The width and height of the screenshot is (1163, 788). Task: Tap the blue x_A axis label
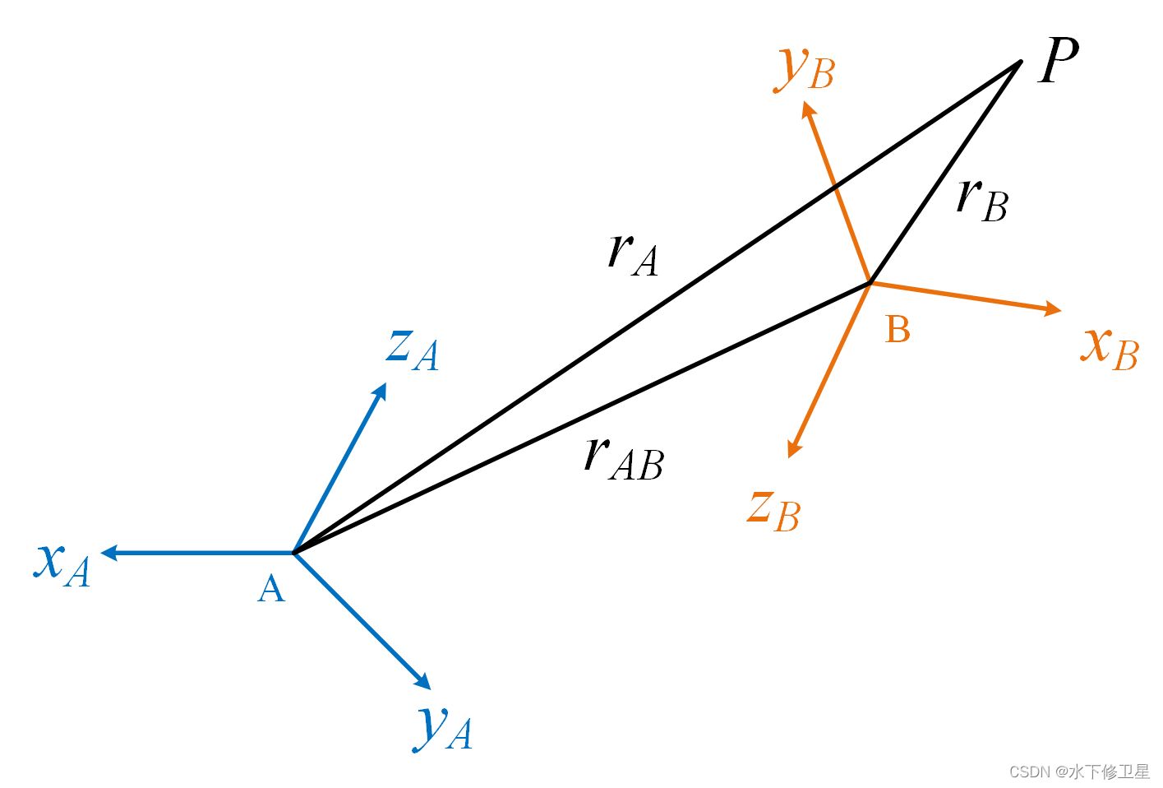tap(62, 563)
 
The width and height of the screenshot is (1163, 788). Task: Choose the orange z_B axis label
tap(773, 510)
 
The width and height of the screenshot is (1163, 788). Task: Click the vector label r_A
tap(633, 253)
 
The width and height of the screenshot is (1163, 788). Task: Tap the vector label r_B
tap(982, 200)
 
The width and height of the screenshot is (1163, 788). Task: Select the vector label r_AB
tap(623, 458)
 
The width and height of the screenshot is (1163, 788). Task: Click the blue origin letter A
tap(271, 589)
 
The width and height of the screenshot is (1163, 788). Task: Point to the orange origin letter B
tap(898, 330)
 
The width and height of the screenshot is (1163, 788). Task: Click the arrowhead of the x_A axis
tap(108, 553)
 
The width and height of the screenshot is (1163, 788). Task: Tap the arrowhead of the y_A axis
tap(424, 683)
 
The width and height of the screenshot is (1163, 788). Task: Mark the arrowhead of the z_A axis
tap(381, 390)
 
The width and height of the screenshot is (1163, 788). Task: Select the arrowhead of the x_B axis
tap(1054, 309)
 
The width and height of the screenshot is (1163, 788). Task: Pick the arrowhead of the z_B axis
tap(792, 450)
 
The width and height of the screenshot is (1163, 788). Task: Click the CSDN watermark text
tap(1079, 772)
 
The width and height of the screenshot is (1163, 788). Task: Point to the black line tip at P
tap(1019, 63)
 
